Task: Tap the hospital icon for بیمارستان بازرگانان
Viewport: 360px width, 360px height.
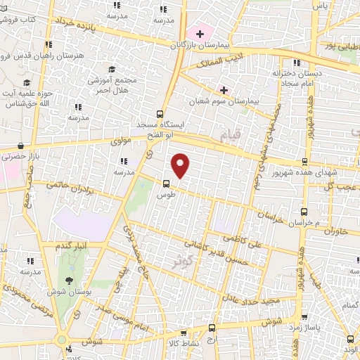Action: (200, 33)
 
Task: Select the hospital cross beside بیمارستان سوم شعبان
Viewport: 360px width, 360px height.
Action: (224, 90)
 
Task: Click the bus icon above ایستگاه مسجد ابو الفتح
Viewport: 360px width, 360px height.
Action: (160, 112)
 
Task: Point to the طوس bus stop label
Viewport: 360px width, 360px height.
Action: (165, 193)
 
